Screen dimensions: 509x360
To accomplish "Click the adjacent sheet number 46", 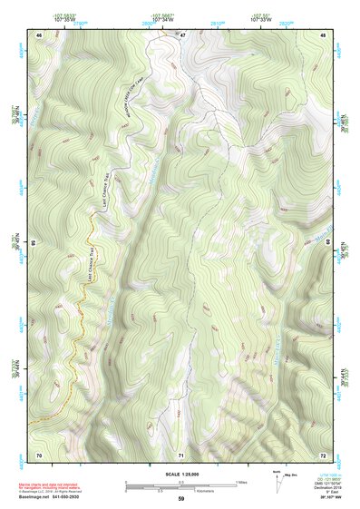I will [39, 34].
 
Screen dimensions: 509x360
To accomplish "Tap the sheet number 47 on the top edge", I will [181, 34].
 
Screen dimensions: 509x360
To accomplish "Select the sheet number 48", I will [323, 34].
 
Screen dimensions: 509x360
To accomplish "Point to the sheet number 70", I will [39, 454].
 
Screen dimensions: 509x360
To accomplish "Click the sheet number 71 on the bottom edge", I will [181, 454].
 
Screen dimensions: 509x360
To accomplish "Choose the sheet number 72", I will [323, 454].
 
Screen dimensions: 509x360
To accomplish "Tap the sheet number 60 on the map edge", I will [328, 243].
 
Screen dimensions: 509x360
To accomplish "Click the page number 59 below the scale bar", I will [181, 499].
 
